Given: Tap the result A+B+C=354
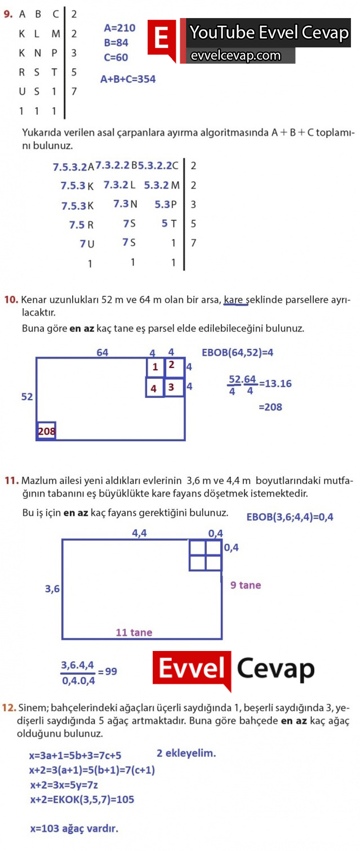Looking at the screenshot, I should click(128, 79).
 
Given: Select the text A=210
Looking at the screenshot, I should click(119, 28).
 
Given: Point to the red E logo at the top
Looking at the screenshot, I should click(162, 39).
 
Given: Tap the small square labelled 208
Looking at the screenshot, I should click(46, 431).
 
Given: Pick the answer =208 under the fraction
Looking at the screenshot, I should click(270, 407).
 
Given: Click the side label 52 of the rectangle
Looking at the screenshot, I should click(27, 397).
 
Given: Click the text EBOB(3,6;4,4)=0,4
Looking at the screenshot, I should click(290, 516).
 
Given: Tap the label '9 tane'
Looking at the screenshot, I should click(246, 586).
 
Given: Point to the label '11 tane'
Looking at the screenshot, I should click(134, 632).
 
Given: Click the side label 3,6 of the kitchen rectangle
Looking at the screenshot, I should click(52, 589).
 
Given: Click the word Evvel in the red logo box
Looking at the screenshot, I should click(193, 669).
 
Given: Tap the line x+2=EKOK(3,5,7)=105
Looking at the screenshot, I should click(82, 799).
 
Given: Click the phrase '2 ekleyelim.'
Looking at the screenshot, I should click(186, 753).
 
